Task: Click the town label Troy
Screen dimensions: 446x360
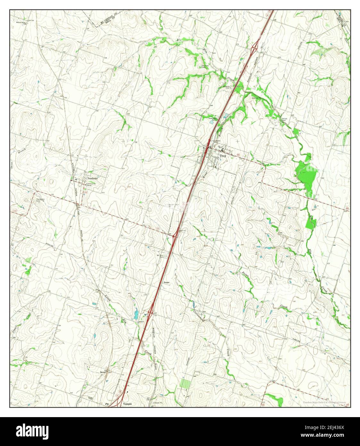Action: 223,156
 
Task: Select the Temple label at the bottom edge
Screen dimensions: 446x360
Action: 127,404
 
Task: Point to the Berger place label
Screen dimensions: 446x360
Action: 166,282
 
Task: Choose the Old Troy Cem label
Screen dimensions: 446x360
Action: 205,67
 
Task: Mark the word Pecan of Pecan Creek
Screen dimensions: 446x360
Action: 246,275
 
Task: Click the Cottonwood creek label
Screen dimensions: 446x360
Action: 197,315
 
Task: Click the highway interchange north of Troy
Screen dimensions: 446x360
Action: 255,48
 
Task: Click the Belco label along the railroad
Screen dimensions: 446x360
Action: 103,372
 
